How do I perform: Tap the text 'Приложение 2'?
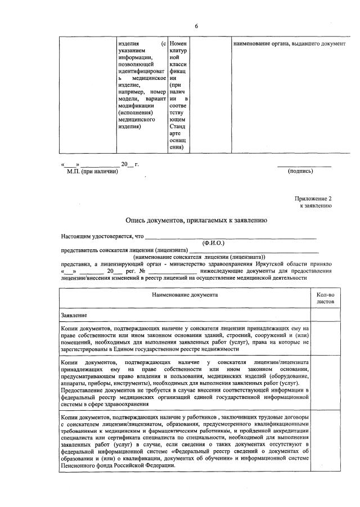pos(314,199)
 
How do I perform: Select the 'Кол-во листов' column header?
pos(325,298)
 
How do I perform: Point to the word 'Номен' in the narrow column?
pos(178,44)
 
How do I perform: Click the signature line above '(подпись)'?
pos(304,165)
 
